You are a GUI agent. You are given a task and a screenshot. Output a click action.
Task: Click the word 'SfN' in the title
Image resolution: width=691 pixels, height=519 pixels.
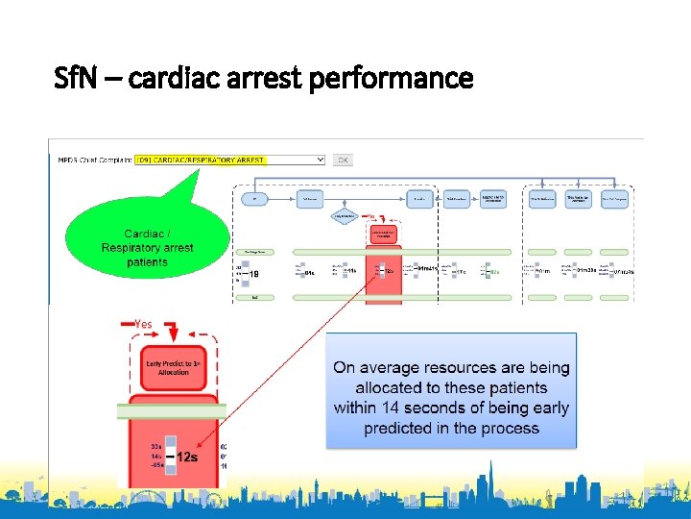[74, 78]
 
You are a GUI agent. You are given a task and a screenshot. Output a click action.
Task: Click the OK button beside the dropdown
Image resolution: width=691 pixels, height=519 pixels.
[343, 160]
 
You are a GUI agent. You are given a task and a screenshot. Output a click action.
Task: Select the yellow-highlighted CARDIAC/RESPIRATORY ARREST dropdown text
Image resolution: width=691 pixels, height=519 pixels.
[201, 160]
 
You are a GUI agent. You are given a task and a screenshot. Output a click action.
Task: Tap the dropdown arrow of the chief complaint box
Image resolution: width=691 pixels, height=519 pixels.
[320, 160]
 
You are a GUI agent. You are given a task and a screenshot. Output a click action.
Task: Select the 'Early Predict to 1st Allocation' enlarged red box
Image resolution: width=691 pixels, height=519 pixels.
[172, 368]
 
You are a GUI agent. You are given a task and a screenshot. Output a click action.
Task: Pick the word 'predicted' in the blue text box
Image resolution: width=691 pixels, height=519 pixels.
[401, 429]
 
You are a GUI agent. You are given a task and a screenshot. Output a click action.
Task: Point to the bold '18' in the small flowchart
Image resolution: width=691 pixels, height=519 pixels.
[252, 275]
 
